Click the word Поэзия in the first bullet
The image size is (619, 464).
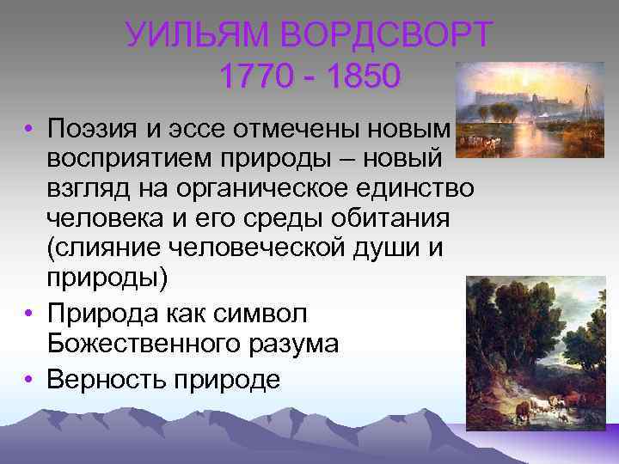pyautogui.click(x=96, y=130)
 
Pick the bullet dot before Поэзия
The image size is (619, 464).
pyautogui.click(x=28, y=131)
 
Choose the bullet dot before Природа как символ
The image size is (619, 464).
pyautogui.click(x=28, y=314)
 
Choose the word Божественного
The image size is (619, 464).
pyautogui.click(x=142, y=344)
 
